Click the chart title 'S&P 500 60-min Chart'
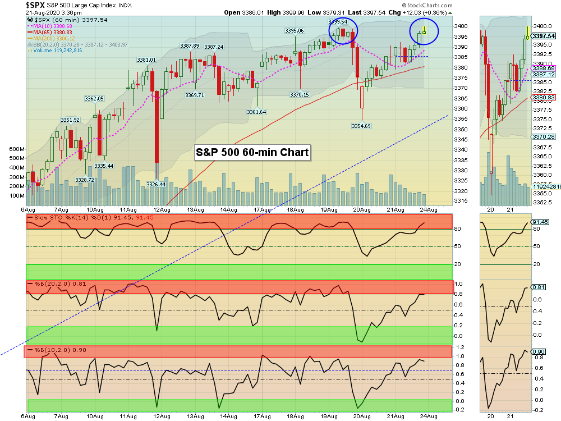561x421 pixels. pos(252,152)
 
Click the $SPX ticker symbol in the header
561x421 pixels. pos(35,4)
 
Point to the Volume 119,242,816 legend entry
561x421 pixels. pos(58,50)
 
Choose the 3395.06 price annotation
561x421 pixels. pos(295,31)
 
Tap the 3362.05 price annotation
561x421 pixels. pos(94,98)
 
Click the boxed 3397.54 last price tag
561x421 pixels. pos(543,36)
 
